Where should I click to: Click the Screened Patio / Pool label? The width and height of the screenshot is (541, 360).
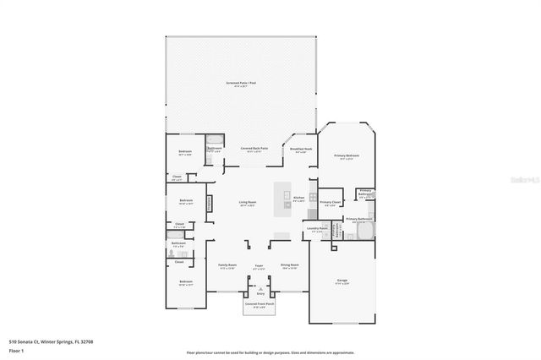(242, 84)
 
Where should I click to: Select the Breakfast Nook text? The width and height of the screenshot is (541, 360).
(301, 150)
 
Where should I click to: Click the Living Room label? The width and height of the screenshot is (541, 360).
(248, 203)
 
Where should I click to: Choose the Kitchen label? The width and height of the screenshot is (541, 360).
(298, 199)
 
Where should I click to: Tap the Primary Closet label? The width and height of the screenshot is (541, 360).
(331, 204)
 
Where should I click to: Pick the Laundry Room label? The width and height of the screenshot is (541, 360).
(317, 229)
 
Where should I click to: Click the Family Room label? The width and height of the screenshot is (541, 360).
(227, 266)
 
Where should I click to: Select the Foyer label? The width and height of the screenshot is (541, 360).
(260, 266)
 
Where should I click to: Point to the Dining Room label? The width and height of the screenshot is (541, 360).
(290, 266)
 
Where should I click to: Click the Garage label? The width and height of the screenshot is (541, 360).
(342, 282)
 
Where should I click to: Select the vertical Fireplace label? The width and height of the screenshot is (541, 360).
(209, 205)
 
